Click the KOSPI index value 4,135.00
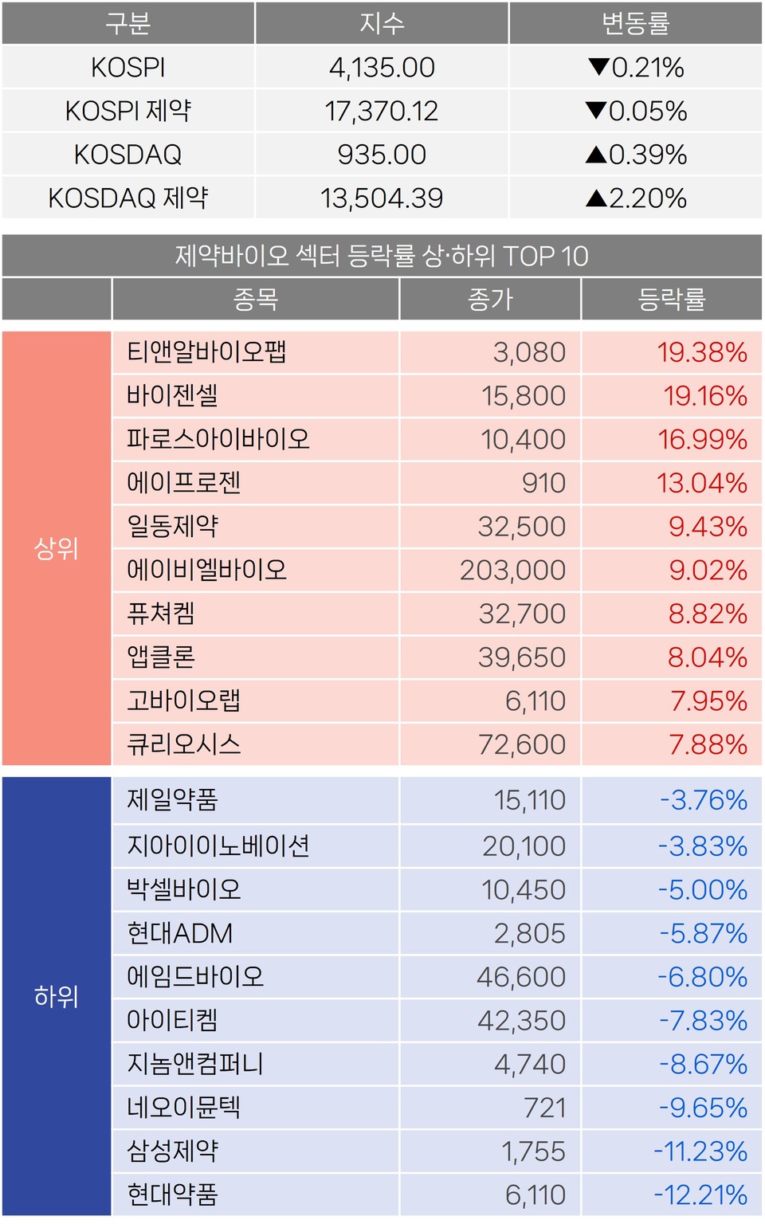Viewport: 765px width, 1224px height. tap(382, 68)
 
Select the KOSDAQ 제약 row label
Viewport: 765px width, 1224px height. tap(128, 198)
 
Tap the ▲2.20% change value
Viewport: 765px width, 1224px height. tap(636, 198)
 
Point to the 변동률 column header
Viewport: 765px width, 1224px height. tap(636, 24)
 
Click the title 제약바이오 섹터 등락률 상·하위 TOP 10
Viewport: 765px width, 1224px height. tap(382, 256)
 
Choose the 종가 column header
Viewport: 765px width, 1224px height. tap(490, 300)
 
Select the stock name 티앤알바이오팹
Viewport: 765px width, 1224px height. tap(206, 352)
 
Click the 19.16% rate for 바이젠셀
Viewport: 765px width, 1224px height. tap(705, 396)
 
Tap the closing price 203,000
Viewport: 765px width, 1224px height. tap(512, 571)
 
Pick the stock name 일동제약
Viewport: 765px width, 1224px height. tap(173, 527)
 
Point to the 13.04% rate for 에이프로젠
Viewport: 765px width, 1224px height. tap(701, 483)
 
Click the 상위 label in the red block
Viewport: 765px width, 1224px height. tap(57, 548)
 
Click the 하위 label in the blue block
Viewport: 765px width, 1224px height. tap(57, 996)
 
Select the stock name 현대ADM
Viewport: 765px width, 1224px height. tap(180, 933)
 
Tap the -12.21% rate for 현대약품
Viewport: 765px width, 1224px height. tap(700, 1195)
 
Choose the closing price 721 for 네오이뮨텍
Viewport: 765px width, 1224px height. tap(544, 1108)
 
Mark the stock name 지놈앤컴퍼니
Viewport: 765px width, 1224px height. tap(195, 1064)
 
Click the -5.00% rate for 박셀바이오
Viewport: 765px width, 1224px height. tap(702, 890)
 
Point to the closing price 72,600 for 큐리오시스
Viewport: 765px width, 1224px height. tap(522, 745)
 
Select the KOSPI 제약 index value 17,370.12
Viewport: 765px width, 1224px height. tap(382, 112)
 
